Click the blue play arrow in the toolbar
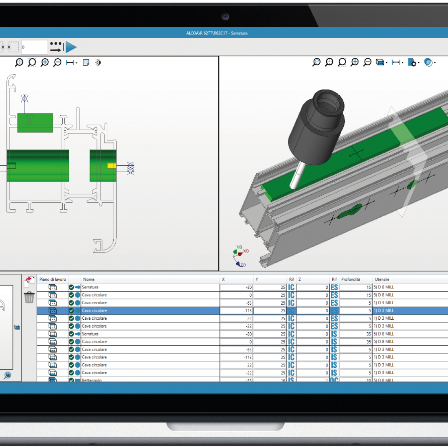point(71,47)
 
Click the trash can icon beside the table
point(29,297)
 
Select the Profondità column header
point(350,279)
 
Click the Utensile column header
point(382,279)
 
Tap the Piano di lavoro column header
point(53,279)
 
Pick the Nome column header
point(89,279)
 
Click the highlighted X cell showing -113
point(236,311)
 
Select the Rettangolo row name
point(92,380)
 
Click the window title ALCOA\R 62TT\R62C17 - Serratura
point(217,33)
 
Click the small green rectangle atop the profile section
point(35,123)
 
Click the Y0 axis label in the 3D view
point(239,247)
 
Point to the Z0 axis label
point(243,265)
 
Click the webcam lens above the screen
point(225,17)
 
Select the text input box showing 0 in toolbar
point(34,47)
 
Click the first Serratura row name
point(90,287)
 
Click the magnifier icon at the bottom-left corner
point(7,376)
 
